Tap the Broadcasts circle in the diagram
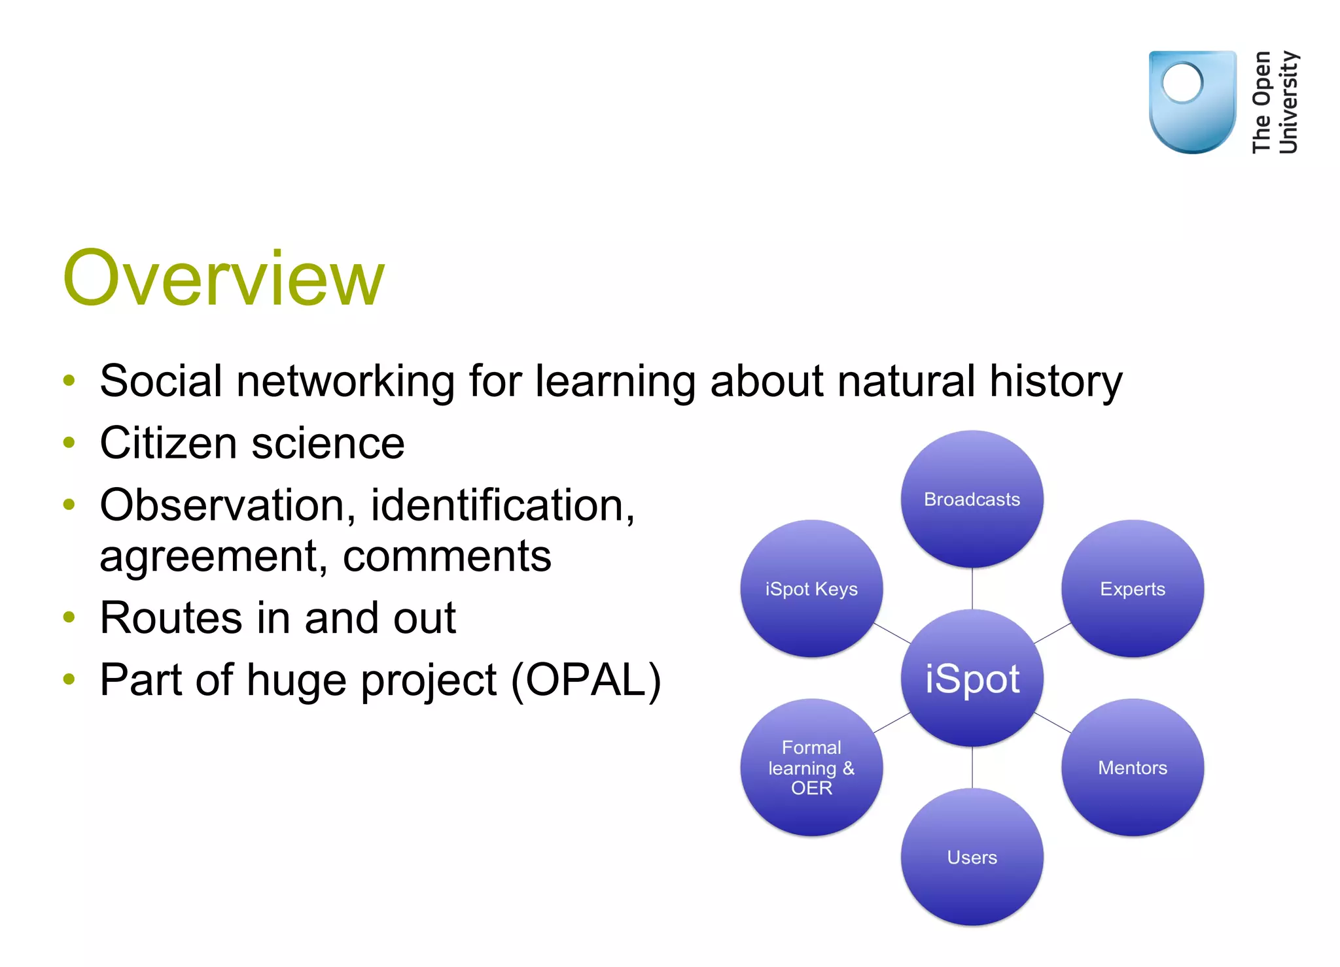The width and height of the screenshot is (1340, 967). tap(972, 499)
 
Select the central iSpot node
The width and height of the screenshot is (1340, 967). tap(972, 678)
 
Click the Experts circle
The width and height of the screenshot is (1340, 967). tap(1132, 588)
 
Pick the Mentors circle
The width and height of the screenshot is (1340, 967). tap(1132, 767)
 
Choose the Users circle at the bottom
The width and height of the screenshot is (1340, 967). tap(972, 857)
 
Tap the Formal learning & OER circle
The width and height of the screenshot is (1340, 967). tap(811, 767)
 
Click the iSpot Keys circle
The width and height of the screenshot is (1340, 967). tap(811, 588)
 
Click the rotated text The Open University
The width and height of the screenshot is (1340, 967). tap(1275, 102)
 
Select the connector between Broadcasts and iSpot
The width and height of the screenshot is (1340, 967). tap(972, 588)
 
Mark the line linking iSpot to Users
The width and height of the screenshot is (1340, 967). tap(972, 767)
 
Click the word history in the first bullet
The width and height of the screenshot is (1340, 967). tap(1055, 381)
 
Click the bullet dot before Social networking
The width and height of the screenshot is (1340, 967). tap(69, 381)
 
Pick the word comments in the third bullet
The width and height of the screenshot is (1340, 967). tap(447, 557)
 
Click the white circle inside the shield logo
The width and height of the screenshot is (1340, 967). tap(1182, 83)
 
